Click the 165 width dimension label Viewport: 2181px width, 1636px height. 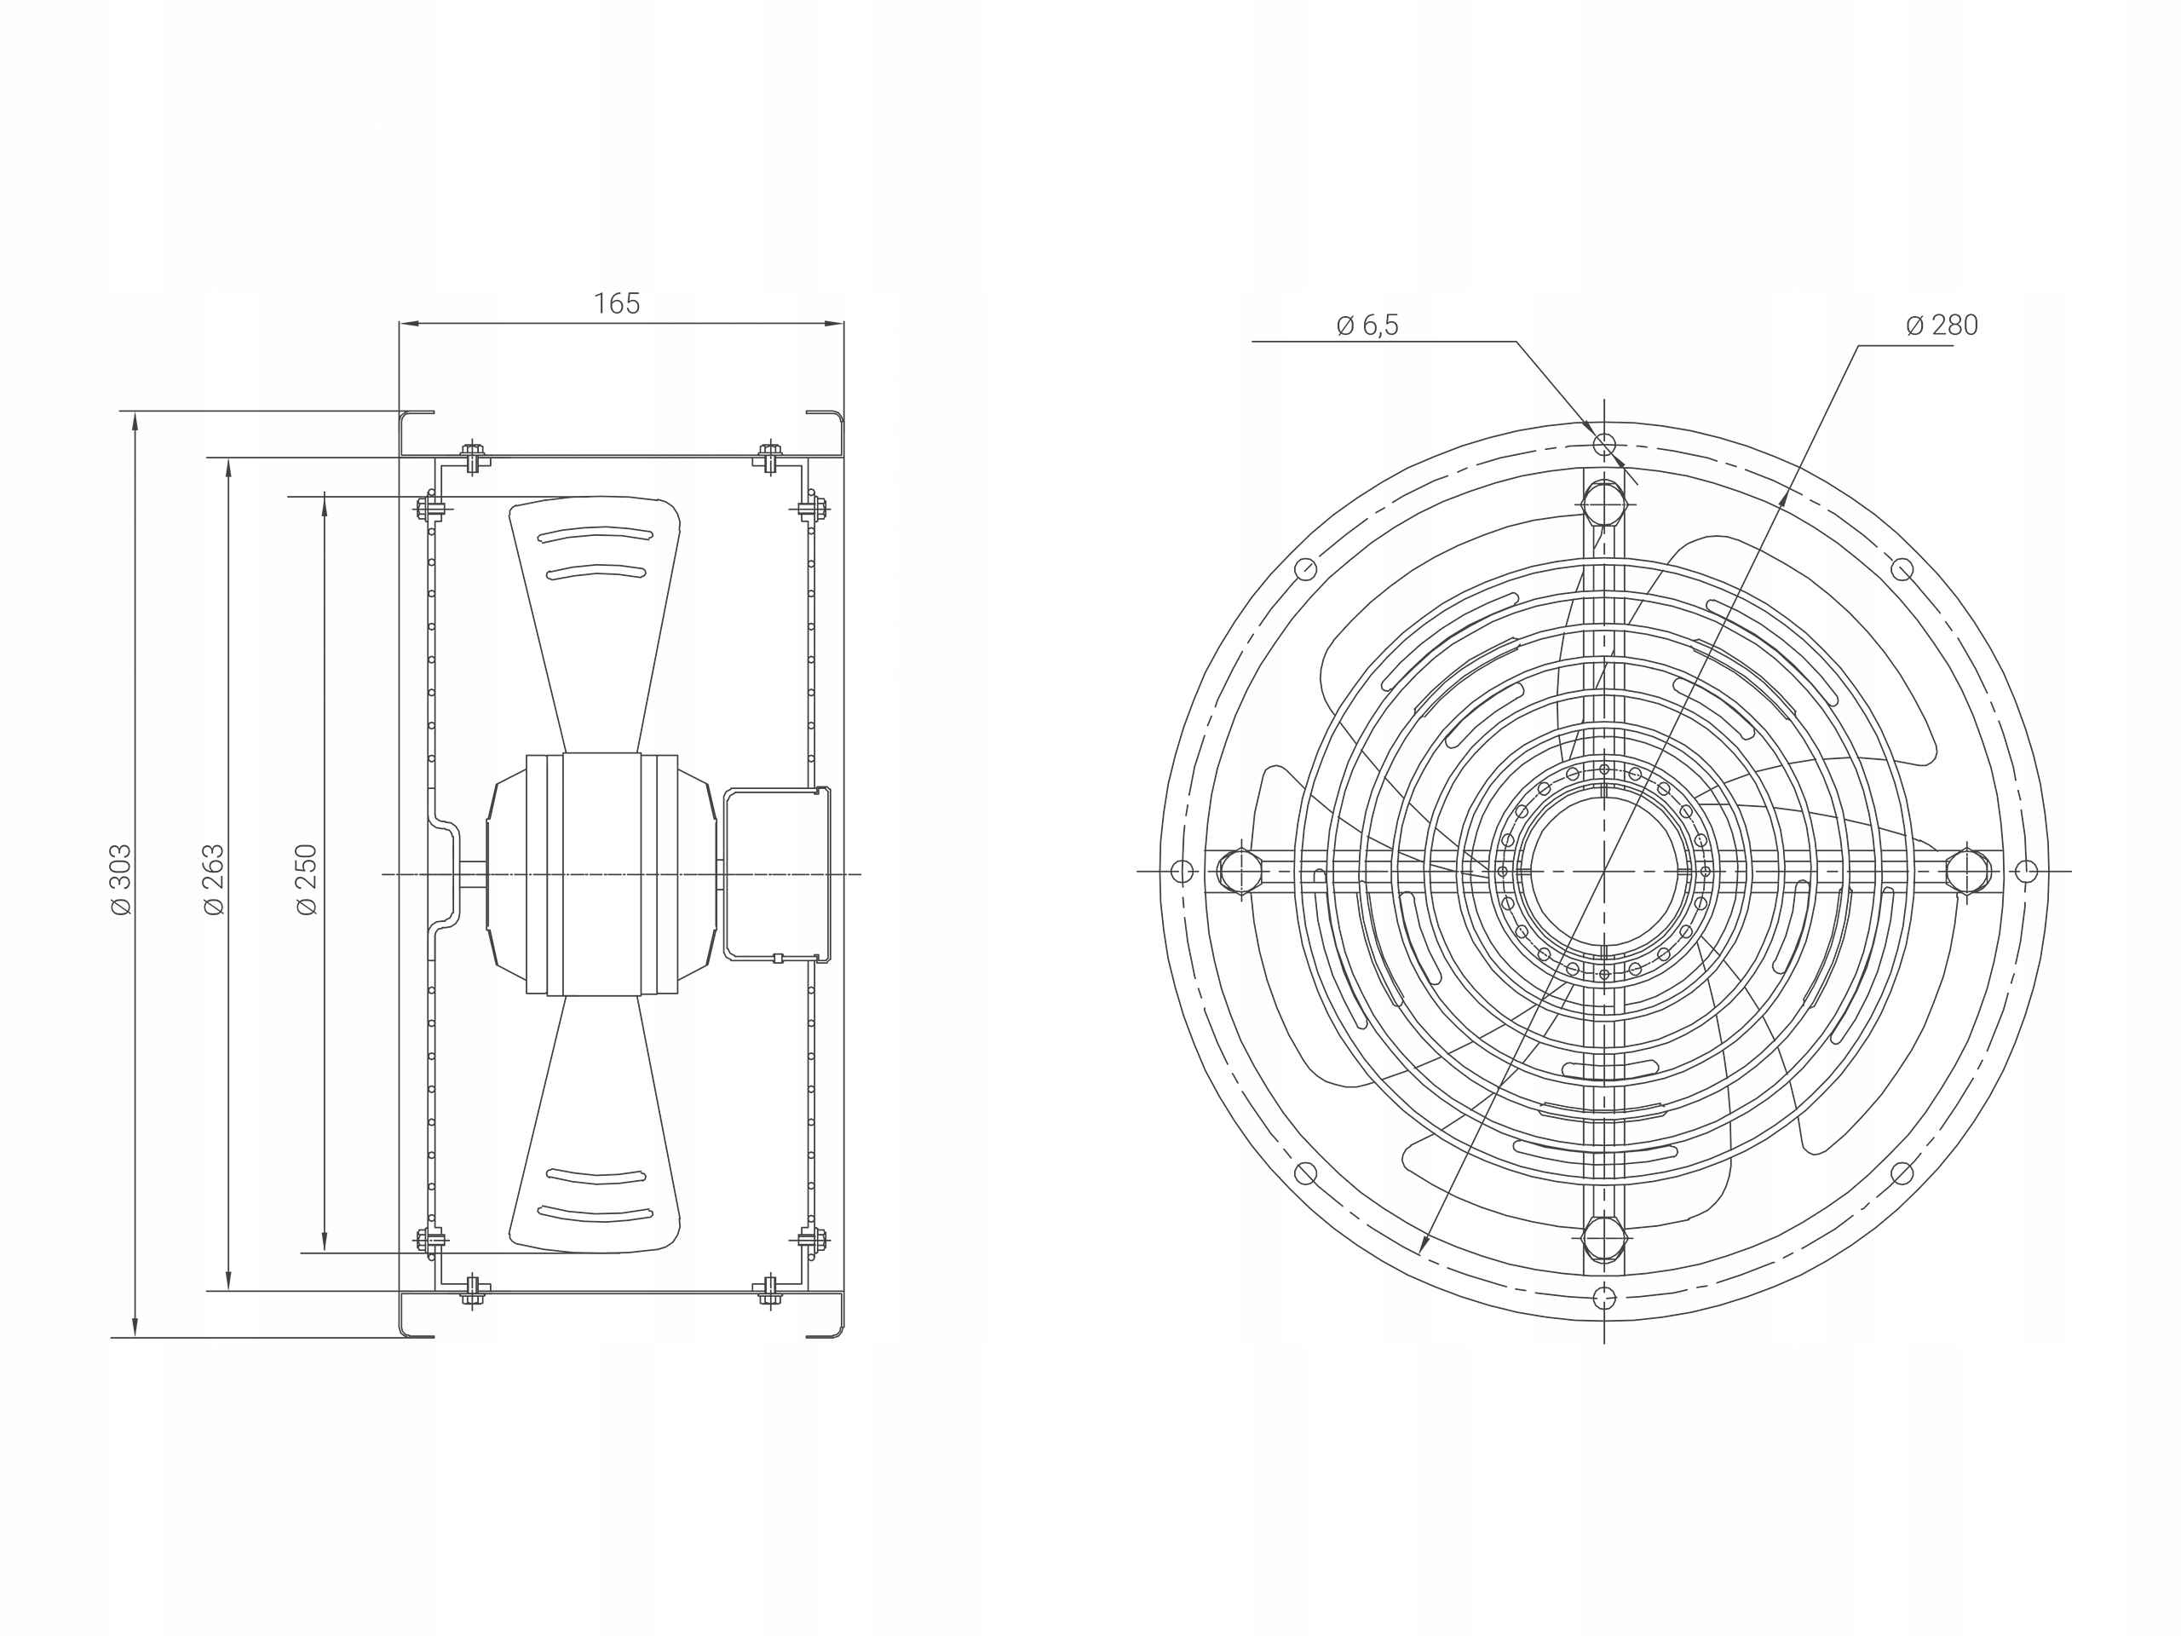[x=616, y=303]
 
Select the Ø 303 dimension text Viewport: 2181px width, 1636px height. [x=120, y=878]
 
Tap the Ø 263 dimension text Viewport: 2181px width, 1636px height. [x=213, y=878]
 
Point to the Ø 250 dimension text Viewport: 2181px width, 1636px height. [x=307, y=878]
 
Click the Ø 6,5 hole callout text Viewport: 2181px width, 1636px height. [x=1367, y=325]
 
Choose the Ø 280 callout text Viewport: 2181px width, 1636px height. [x=1942, y=325]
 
